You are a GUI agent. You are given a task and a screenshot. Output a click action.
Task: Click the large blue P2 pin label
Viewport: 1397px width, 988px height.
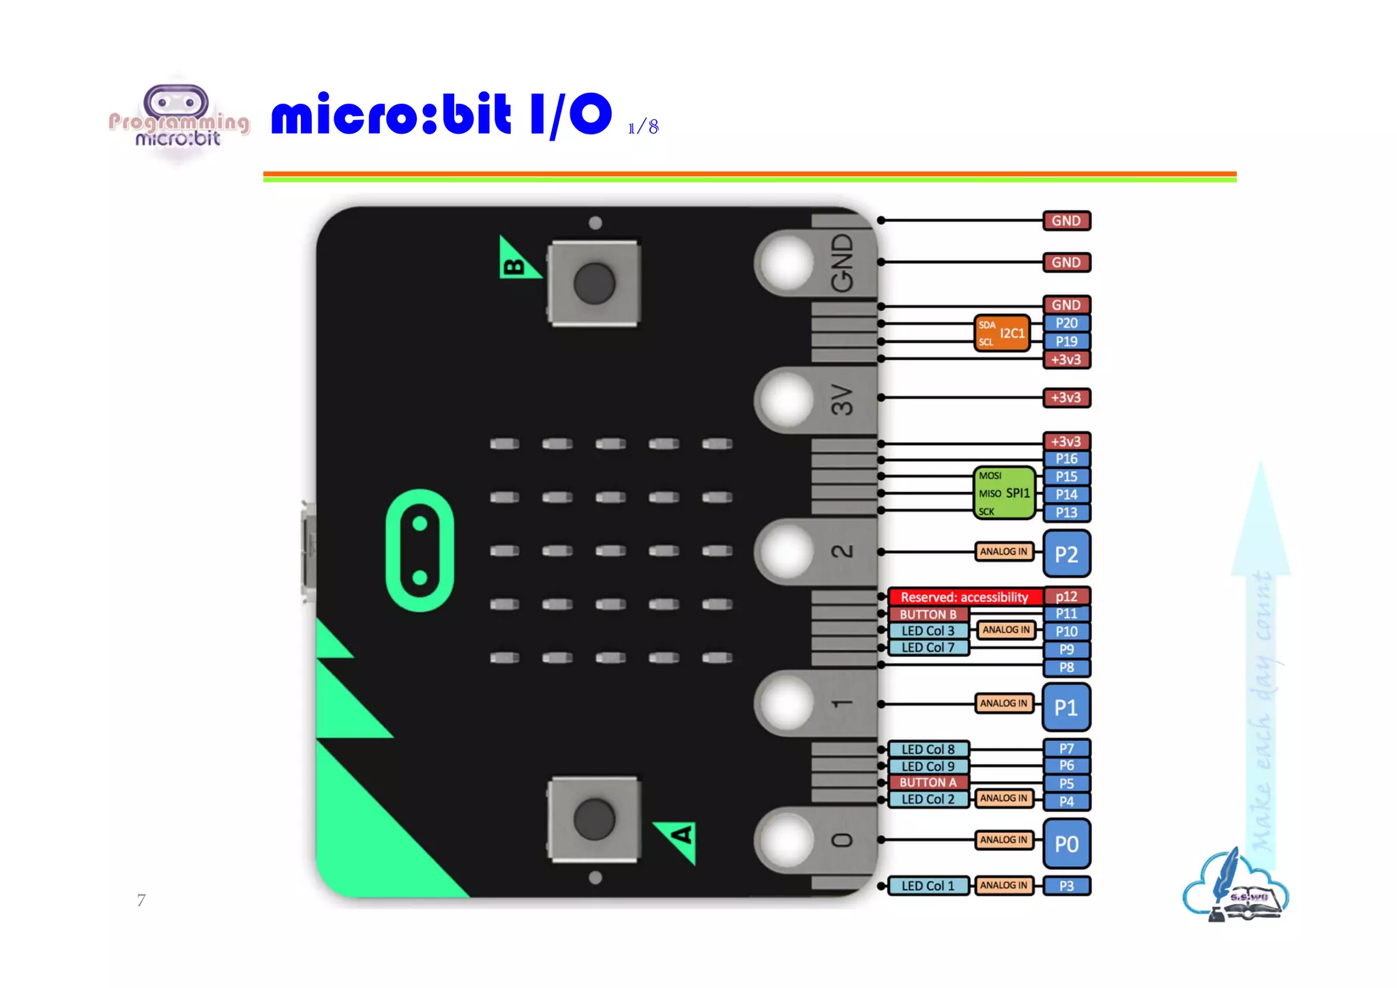[x=1066, y=553]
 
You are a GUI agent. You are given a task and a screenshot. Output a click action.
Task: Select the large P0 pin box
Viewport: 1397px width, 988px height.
[x=1066, y=843]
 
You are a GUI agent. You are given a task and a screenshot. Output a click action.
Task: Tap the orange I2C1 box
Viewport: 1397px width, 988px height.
[x=1002, y=333]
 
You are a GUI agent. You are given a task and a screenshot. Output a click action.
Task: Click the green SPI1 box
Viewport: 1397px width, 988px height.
[x=1004, y=493]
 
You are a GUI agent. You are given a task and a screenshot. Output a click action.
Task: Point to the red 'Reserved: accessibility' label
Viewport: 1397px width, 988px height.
[x=964, y=597]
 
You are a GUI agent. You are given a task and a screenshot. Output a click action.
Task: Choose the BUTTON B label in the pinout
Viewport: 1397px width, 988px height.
[x=928, y=614]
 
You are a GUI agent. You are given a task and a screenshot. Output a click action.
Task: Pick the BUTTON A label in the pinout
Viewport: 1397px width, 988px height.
[x=928, y=783]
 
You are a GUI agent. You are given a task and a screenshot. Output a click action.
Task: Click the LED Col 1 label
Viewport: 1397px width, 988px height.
[x=928, y=886]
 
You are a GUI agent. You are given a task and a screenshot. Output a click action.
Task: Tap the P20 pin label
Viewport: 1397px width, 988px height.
[x=1066, y=323]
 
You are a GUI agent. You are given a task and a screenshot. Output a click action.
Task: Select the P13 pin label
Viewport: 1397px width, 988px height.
[x=1066, y=512]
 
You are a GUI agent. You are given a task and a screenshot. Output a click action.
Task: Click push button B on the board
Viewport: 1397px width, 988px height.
[x=594, y=282]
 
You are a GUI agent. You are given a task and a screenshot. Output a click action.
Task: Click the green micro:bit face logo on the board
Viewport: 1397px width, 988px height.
[x=420, y=550]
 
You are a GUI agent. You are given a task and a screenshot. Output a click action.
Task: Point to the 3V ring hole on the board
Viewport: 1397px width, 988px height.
[x=787, y=399]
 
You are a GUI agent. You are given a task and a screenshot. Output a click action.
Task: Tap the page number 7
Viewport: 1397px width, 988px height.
[x=141, y=900]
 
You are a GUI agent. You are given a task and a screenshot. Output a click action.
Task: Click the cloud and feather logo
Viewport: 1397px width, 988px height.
[x=1235, y=886]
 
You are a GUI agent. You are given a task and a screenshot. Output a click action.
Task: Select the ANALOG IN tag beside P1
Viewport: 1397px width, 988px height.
[x=1003, y=703]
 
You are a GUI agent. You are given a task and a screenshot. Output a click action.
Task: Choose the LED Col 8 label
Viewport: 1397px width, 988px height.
[x=928, y=749]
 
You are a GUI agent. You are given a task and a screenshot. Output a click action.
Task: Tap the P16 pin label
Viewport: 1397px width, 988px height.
[x=1066, y=459]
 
